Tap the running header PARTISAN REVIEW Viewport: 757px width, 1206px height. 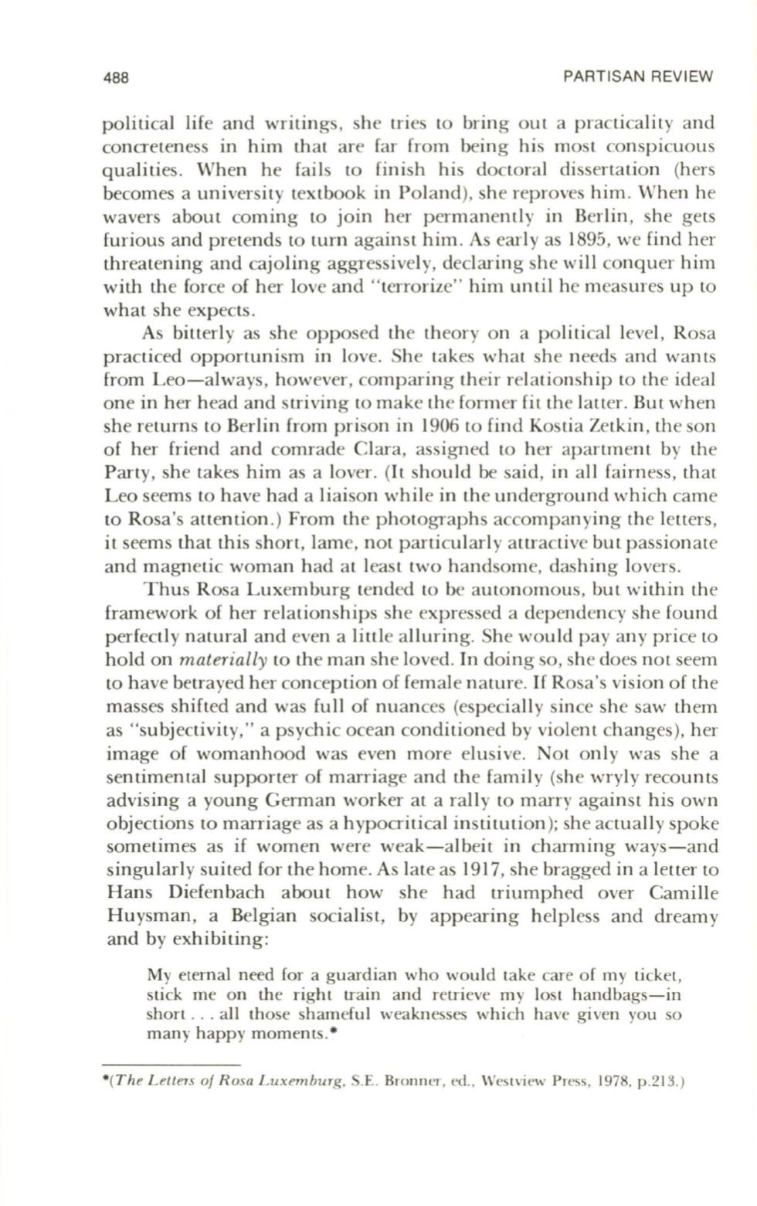click(638, 77)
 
